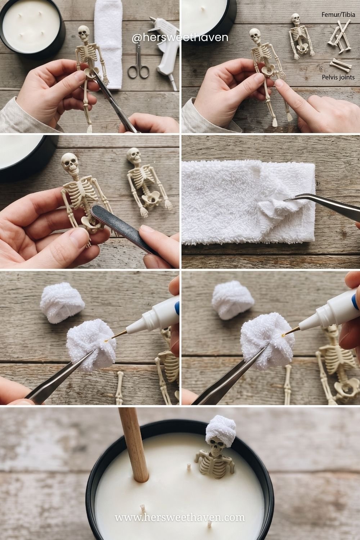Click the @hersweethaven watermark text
180,37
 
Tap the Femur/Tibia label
338,15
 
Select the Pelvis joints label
338,77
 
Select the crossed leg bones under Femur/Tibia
339,36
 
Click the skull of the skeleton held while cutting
84,34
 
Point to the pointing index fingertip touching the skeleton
280,83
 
